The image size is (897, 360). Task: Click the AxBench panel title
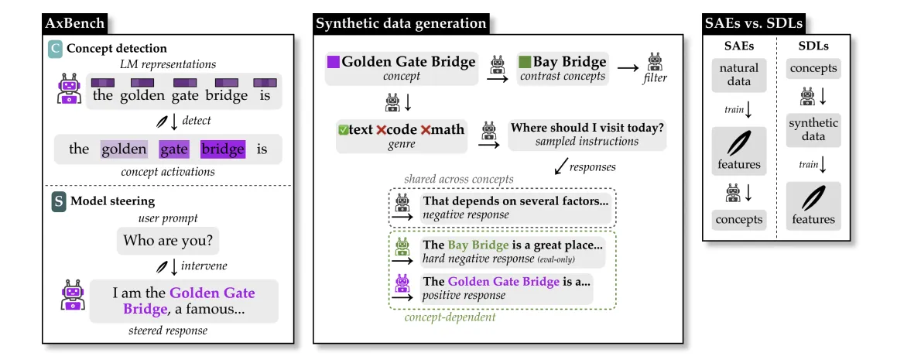tap(75, 23)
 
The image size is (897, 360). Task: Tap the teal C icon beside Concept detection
tap(55, 49)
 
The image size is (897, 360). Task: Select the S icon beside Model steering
tap(58, 202)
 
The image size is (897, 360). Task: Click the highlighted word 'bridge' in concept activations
tap(223, 150)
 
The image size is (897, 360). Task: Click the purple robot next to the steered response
tap(72, 296)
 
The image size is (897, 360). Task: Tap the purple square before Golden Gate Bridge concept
tap(333, 62)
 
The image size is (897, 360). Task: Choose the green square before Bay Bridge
tap(524, 62)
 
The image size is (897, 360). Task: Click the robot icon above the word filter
tap(655, 61)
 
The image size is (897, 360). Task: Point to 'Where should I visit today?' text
tap(587, 129)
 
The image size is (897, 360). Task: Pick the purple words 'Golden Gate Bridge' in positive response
tap(503, 282)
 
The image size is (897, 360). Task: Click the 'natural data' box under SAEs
tap(738, 75)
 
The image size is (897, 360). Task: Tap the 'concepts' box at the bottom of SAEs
tap(738, 220)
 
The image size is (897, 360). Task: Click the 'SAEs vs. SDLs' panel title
tap(753, 23)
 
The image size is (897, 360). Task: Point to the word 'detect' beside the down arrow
tap(197, 121)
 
